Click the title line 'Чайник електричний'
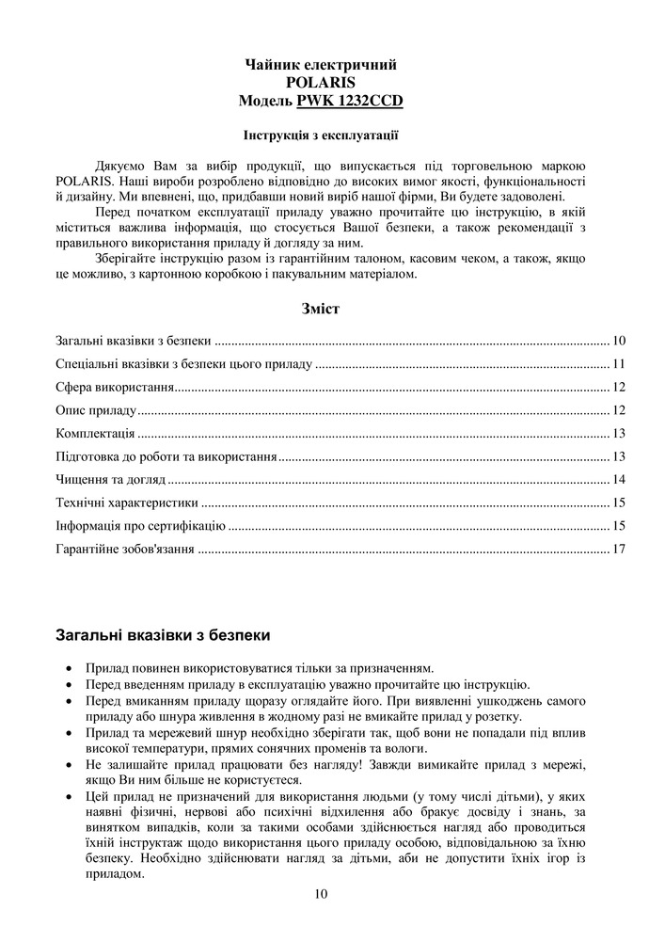click(320, 65)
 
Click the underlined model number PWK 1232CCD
click(351, 99)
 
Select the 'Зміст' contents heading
click(320, 308)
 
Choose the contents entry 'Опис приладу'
click(97, 410)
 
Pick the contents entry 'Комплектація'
click(95, 434)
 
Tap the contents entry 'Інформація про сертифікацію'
click(140, 525)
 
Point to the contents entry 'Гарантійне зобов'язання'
click(125, 549)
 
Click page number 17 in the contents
click(618, 549)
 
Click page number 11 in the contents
click(618, 364)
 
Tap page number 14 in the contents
click(618, 480)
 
